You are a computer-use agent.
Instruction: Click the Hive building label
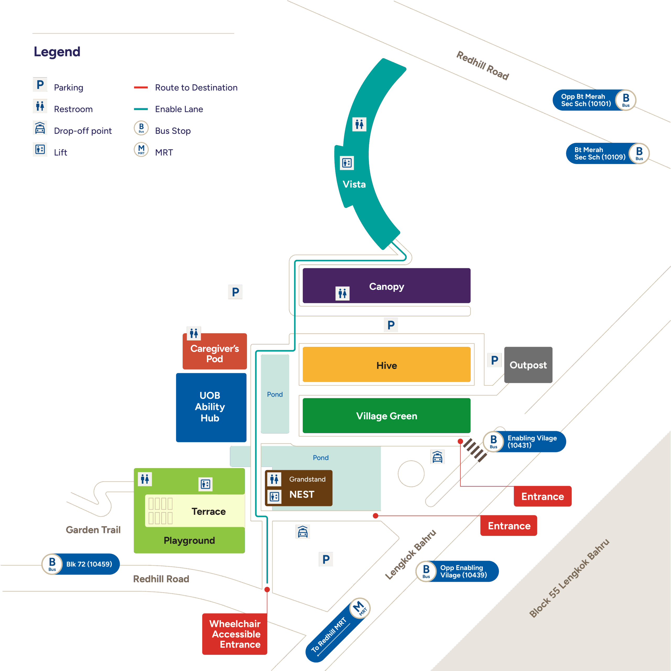point(387,365)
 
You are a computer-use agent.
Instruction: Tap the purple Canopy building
point(387,286)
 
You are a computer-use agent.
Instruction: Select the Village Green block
point(387,416)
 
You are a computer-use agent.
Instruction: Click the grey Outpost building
point(528,365)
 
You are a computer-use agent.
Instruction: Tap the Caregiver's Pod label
point(215,353)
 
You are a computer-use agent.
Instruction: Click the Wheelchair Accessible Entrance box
point(235,634)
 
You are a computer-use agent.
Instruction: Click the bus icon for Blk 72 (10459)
point(52,564)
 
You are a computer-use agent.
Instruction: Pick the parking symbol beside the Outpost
point(494,360)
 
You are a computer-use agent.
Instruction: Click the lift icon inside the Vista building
point(347,163)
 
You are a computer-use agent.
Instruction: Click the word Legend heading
point(57,52)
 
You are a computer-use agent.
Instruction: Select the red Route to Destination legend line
point(141,88)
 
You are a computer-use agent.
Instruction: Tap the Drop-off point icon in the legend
point(40,128)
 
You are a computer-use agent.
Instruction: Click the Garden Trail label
point(93,530)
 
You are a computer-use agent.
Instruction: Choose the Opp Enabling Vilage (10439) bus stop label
point(463,571)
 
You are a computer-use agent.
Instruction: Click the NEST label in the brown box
point(302,494)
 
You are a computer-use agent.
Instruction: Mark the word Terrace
point(208,511)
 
